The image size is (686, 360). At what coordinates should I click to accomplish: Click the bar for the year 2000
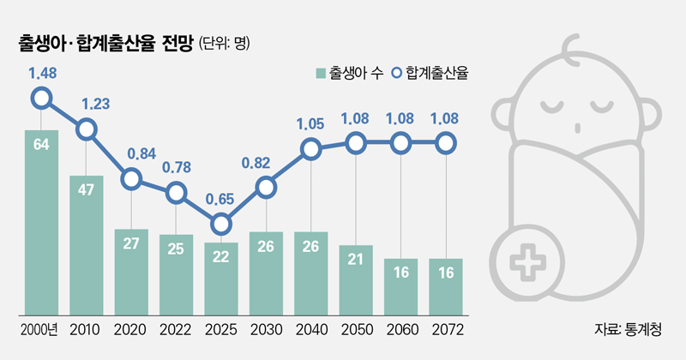click(x=41, y=223)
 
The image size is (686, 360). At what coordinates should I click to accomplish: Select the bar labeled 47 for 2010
click(x=87, y=245)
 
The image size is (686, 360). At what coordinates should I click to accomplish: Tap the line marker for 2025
click(x=221, y=225)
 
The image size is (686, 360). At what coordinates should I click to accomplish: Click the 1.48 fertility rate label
click(x=42, y=74)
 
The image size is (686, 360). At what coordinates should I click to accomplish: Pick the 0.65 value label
click(x=221, y=198)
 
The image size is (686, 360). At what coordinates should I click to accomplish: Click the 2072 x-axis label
click(x=445, y=330)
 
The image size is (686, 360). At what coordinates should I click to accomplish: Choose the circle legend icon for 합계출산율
click(x=396, y=74)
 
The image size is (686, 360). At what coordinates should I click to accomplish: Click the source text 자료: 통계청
click(x=628, y=330)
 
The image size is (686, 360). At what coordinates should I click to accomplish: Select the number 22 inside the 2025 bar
click(x=221, y=258)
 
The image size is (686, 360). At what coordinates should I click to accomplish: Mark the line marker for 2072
click(x=445, y=144)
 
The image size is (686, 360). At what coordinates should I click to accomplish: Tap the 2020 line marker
click(x=131, y=179)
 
